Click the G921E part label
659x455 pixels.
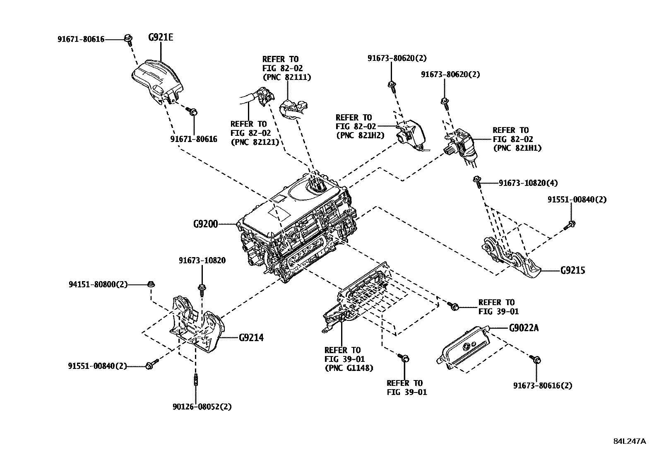pos(161,38)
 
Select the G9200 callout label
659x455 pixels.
pos(205,224)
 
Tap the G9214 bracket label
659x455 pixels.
pos(251,338)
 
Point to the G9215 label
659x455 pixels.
pos(573,271)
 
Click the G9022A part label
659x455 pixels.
pos(524,328)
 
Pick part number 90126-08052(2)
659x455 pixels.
pos(202,407)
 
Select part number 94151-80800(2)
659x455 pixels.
pos(98,284)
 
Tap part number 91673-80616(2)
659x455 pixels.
pos(543,385)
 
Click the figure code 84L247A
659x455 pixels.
pos(629,441)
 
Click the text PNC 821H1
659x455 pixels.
pos(517,148)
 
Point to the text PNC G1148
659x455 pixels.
pos(349,368)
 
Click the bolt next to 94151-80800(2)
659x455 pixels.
pos(151,284)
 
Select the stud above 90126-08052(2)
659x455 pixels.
pos(195,380)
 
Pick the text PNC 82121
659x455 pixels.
pos(255,142)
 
